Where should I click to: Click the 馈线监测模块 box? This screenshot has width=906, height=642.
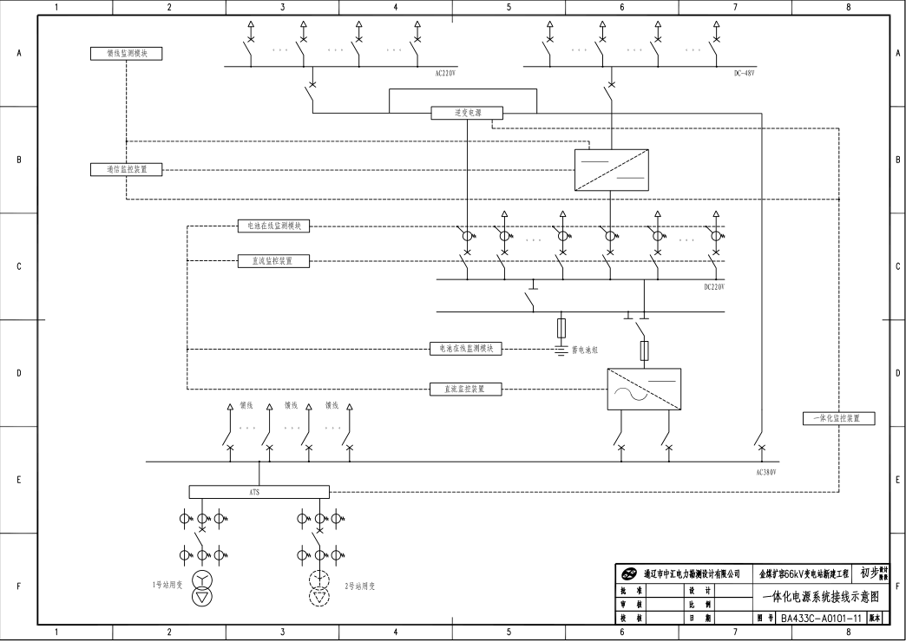pos(127,54)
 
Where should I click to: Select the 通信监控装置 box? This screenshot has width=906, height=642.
pos(127,169)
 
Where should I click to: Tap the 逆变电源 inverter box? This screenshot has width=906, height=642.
pos(468,113)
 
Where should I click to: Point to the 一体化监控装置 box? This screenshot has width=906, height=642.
pos(838,418)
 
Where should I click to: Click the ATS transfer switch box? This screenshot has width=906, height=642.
pos(259,492)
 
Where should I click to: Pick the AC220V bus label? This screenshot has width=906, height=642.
pos(445,74)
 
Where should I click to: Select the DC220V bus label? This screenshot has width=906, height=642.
pos(713,287)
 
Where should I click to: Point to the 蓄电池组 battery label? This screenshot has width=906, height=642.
pos(586,349)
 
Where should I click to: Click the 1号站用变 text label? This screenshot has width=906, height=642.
pos(165,586)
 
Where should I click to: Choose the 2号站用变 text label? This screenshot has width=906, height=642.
pos(360,586)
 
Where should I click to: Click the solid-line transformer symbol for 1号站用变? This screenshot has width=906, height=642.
pos(202,589)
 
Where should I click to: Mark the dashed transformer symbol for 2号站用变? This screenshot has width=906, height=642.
pos(320,588)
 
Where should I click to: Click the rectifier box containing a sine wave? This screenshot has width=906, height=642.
pos(643,390)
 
